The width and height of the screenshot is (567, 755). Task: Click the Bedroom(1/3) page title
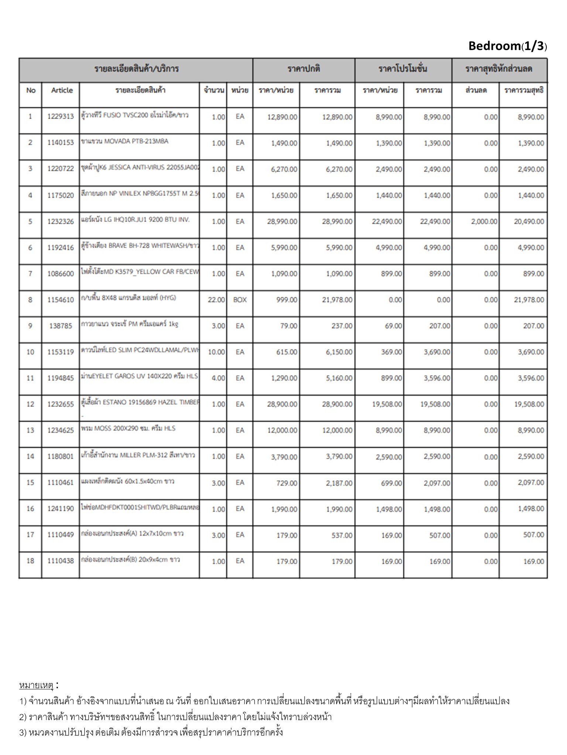coord(507,46)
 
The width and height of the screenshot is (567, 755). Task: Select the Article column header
coord(62,91)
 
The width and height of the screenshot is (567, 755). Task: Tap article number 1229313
coord(61,117)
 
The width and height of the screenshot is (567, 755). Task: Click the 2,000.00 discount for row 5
coord(484,222)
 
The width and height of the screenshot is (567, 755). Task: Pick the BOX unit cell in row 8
coord(240,300)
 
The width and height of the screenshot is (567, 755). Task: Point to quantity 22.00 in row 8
coord(216,300)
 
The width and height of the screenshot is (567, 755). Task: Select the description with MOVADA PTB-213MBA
coord(124,141)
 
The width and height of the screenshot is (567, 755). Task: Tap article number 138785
coord(61,326)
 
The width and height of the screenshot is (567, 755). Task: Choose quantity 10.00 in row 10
coord(216,352)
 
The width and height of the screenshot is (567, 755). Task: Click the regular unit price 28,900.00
coord(282,404)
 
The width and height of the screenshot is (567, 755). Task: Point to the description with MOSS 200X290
coord(128,428)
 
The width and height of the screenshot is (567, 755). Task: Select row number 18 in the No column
coord(30,561)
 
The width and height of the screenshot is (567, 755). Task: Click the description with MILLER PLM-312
coord(138,455)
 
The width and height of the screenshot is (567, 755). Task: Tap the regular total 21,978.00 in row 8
coord(337,300)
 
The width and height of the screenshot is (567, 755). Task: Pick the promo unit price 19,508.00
coord(387,404)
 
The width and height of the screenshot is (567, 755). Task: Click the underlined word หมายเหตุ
coord(36,685)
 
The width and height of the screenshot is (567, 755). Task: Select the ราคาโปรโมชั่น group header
coord(403,69)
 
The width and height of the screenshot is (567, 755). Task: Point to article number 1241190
coord(61,509)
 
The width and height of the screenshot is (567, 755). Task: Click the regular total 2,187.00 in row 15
coord(339,483)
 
